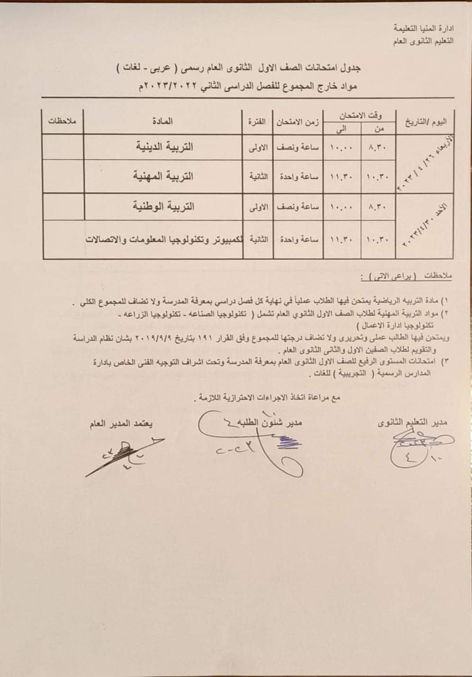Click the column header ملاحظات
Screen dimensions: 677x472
pos(62,121)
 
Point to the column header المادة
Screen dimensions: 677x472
pos(164,121)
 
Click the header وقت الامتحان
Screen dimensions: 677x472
pos(362,115)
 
